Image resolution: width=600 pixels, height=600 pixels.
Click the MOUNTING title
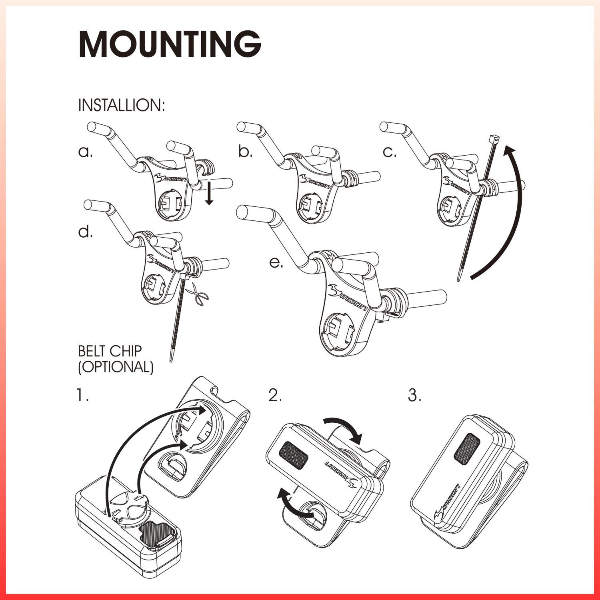(170, 44)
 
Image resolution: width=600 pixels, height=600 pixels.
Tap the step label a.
(85, 152)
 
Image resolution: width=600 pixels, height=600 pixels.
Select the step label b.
(245, 152)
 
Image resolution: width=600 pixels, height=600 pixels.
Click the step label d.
(85, 232)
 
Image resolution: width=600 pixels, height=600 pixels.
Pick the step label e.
(276, 262)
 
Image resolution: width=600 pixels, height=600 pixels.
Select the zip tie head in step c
(494, 140)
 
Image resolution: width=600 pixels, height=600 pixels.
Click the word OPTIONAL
(116, 367)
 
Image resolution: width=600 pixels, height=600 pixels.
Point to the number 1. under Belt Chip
(82, 395)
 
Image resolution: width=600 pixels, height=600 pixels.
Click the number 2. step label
(275, 395)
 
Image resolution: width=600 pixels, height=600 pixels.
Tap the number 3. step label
(415, 395)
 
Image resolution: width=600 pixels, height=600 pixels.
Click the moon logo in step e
(347, 298)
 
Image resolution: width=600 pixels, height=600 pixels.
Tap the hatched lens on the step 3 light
(467, 448)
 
